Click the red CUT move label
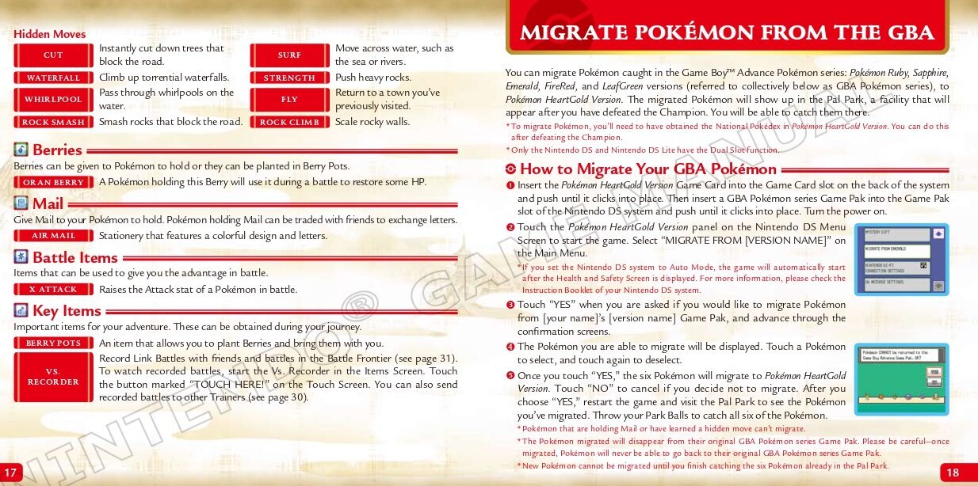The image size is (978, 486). click(x=53, y=55)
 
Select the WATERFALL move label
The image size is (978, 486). click(x=53, y=78)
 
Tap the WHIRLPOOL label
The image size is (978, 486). click(x=53, y=100)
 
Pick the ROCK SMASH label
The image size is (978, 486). click(x=53, y=123)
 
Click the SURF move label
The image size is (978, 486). click(x=289, y=55)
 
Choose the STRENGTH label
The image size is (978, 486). click(x=289, y=78)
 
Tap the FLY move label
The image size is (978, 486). click(x=289, y=100)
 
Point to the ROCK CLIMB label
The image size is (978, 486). click(x=289, y=123)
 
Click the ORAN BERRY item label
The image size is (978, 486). click(x=53, y=183)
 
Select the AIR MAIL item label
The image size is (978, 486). click(x=53, y=236)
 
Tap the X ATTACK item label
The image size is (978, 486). click(x=53, y=290)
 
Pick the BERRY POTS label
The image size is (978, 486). click(x=53, y=344)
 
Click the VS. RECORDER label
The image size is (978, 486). click(x=53, y=377)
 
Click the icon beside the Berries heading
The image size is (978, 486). click(x=21, y=150)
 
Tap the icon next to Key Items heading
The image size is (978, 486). click(x=21, y=310)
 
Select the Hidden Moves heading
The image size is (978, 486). click(x=49, y=34)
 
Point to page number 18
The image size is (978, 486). click(x=953, y=473)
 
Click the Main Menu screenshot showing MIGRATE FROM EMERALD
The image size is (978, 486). click(x=901, y=260)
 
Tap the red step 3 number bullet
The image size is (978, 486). click(x=510, y=305)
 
